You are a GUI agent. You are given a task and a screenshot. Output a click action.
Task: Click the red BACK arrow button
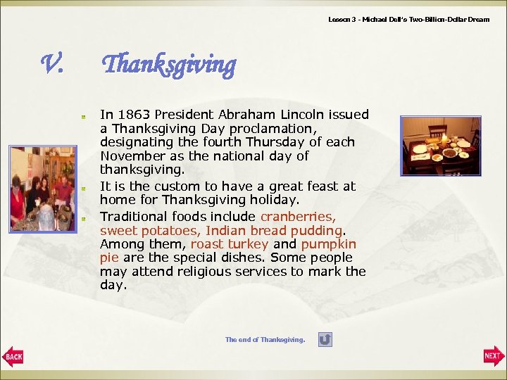point(13,357)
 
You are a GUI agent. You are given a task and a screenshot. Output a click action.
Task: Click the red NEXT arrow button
point(494,356)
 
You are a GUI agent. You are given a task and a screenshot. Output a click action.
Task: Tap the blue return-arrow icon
point(325,340)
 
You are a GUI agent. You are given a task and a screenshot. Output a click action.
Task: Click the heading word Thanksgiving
point(169,65)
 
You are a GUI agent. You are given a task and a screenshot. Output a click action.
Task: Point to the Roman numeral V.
point(53,65)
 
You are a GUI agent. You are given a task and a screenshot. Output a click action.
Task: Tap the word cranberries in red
point(298,217)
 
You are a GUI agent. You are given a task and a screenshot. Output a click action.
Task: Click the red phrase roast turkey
point(230,244)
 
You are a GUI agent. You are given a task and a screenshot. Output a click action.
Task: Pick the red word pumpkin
point(329,244)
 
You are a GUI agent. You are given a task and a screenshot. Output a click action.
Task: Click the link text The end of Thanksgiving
point(265,340)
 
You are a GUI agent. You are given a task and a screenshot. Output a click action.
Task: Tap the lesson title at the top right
point(408,20)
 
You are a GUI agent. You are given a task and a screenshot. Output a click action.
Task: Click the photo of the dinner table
point(441,146)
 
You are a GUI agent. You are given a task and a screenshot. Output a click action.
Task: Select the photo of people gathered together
point(42,189)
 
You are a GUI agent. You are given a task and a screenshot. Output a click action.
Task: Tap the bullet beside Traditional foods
point(83,217)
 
